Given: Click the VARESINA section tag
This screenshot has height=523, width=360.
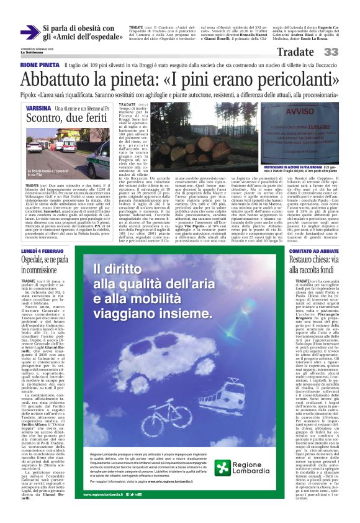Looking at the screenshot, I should pos(38,108).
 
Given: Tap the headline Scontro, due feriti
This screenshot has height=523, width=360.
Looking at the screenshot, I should pos(65,119).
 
